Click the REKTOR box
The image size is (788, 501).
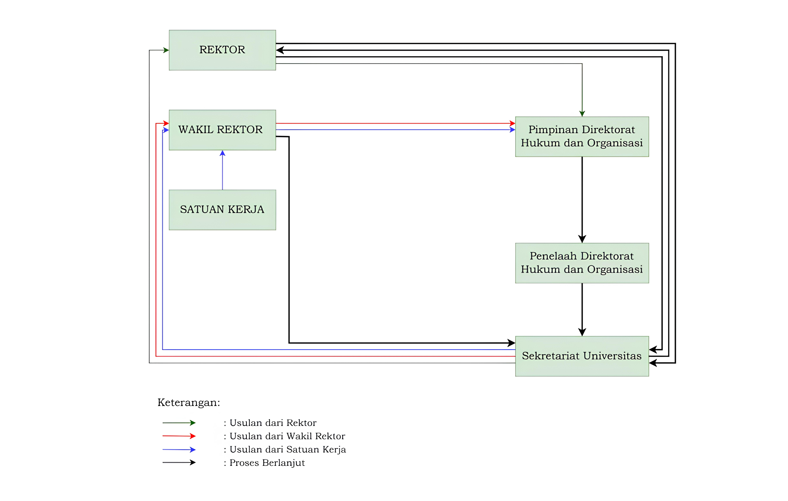point(222,50)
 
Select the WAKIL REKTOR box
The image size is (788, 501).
point(222,130)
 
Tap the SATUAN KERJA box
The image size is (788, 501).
point(222,210)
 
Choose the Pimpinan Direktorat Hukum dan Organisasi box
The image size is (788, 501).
point(582,136)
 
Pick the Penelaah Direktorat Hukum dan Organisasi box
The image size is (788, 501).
point(582,263)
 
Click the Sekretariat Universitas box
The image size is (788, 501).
point(582,356)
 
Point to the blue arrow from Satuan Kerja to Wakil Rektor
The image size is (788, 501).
point(223,170)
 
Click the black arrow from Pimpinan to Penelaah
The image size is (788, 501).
point(582,200)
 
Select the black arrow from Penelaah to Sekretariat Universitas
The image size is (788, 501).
point(582,310)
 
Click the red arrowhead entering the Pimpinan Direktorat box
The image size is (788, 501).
point(512,123)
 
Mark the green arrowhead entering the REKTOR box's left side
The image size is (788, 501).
point(166,50)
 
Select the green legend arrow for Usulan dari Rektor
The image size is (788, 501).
point(179,423)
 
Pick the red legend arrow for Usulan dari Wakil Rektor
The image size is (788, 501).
point(179,436)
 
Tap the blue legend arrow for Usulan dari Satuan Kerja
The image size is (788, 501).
point(179,450)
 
